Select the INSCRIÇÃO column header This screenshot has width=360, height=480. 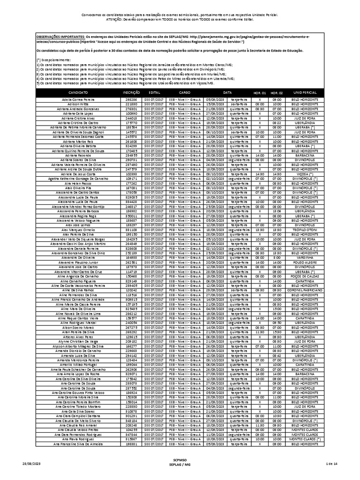(131, 93)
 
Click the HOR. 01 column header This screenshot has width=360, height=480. (260, 93)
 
